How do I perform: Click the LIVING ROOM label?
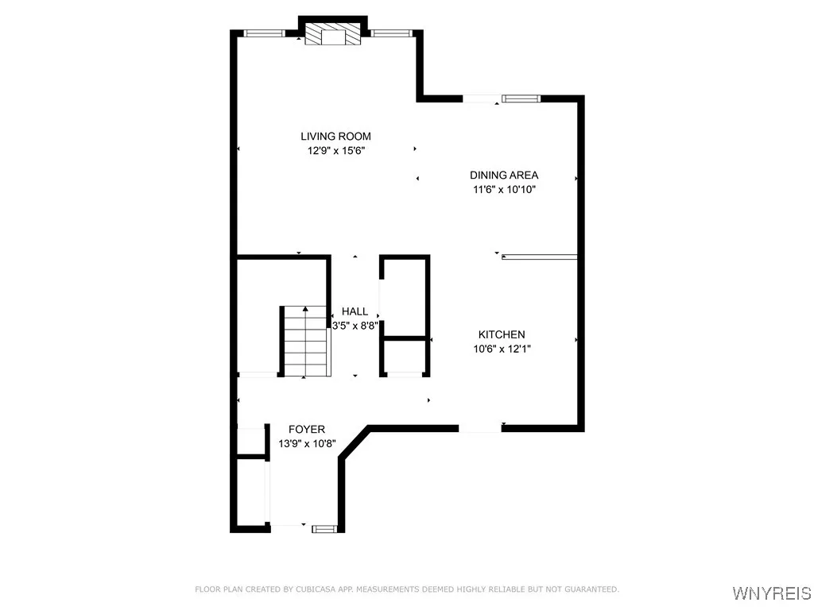click(x=335, y=137)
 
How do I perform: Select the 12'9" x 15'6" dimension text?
click(x=335, y=150)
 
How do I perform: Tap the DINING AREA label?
click(x=504, y=176)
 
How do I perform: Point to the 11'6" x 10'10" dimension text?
click(x=504, y=189)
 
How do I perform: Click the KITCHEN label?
click(x=501, y=335)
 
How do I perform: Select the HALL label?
click(x=355, y=312)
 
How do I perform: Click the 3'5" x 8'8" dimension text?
click(x=355, y=325)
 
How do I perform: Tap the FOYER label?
click(x=307, y=430)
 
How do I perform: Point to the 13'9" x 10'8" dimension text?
click(x=307, y=443)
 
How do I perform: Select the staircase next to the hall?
click(x=304, y=342)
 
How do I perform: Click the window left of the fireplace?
click(x=264, y=33)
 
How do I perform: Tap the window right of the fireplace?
click(x=391, y=33)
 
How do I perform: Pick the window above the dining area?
click(x=520, y=98)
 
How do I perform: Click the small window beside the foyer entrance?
click(x=324, y=527)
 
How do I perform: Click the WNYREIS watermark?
click(x=770, y=593)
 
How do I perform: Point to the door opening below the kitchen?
click(x=480, y=429)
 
